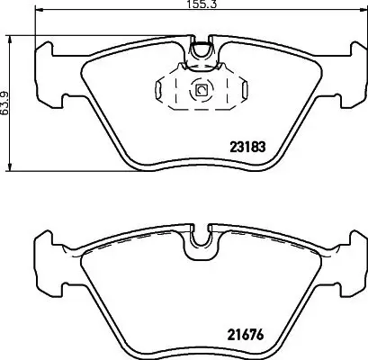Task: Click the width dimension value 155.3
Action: [184, 4]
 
